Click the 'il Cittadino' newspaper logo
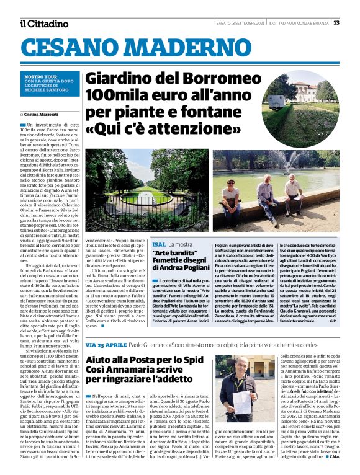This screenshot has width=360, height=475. click(x=43, y=24)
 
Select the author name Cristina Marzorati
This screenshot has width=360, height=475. click(x=40, y=115)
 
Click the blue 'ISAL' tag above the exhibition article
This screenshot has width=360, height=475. click(x=159, y=245)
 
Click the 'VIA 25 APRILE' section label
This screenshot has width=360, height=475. click(x=107, y=344)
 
